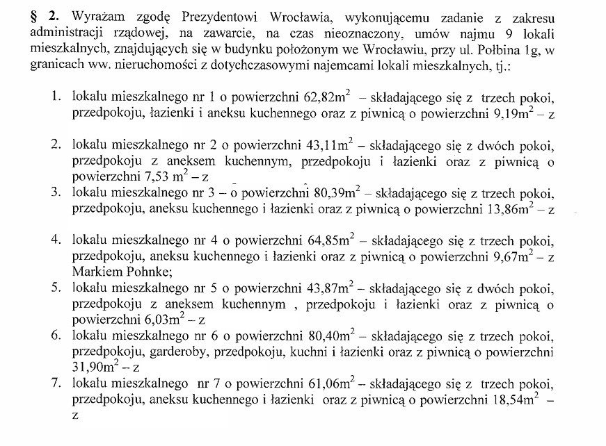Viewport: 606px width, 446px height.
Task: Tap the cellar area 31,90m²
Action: (95, 368)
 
